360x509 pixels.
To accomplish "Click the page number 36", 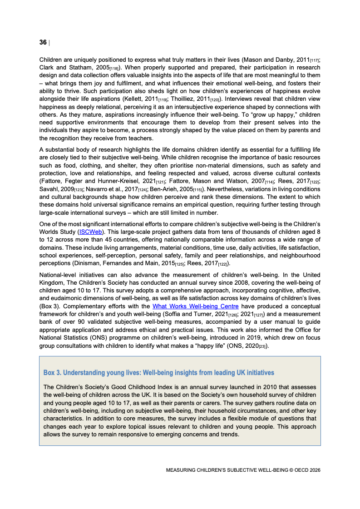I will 43,42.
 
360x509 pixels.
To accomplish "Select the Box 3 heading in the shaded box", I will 158,372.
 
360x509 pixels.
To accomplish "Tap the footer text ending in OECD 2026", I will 243,470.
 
